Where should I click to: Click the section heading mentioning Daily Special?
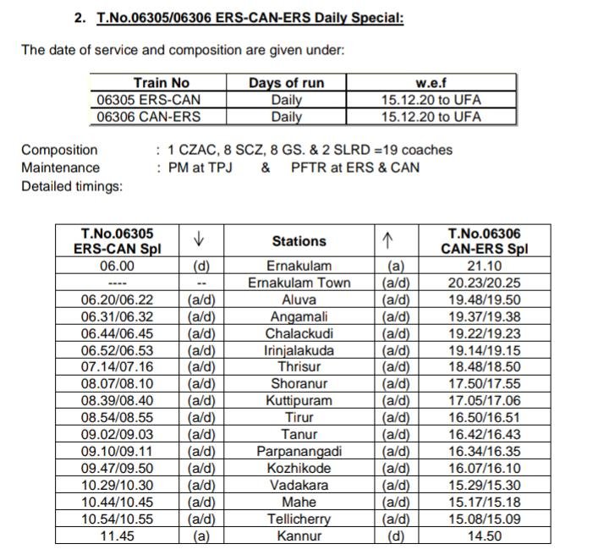[250, 17]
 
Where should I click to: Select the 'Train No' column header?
[161, 83]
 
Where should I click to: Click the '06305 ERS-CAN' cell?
[149, 100]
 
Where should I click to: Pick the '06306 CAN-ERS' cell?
[149, 117]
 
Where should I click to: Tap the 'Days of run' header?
[286, 83]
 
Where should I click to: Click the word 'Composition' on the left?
[59, 150]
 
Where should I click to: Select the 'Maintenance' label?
[60, 168]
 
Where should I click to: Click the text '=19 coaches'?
[409, 150]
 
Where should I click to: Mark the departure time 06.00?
[117, 266]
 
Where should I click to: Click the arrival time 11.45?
[117, 536]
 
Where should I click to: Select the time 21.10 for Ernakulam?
[482, 266]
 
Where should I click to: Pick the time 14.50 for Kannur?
[482, 536]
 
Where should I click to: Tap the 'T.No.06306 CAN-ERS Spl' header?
[482, 241]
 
